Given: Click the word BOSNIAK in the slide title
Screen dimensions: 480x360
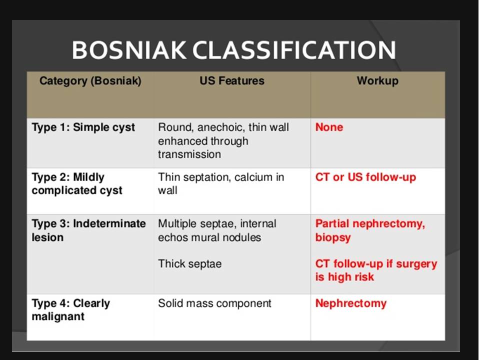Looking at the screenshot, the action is tap(129, 50).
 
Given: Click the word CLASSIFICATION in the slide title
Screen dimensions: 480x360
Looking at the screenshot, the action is tap(294, 50).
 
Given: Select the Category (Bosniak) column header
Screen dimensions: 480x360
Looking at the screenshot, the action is tap(90, 81).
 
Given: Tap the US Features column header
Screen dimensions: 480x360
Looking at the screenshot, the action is tap(232, 80).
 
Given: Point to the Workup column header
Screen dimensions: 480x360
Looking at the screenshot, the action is tap(378, 81).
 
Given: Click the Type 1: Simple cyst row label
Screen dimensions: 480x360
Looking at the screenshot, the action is tap(83, 127).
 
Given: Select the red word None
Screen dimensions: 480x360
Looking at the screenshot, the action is tap(329, 127).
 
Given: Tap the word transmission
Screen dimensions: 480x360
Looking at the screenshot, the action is tap(189, 154).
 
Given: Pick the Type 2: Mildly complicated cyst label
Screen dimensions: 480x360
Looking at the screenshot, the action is tap(77, 183).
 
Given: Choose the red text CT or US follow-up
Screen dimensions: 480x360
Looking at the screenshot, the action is tap(366, 177).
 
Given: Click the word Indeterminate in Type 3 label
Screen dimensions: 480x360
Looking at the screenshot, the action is tap(109, 224).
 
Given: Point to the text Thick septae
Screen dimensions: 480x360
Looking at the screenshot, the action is tap(190, 264).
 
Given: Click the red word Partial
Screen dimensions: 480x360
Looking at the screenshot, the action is tap(332, 224).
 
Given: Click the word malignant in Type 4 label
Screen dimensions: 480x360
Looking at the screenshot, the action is tap(58, 316).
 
